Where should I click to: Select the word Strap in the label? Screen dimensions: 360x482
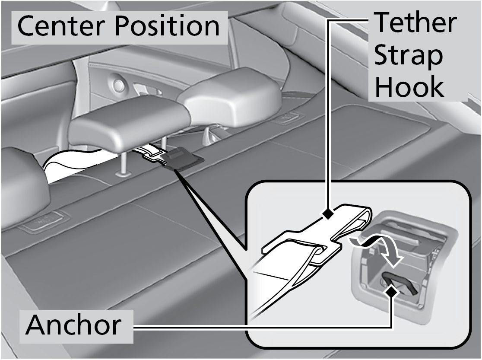point(408,57)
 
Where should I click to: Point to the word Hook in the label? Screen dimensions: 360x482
point(408,88)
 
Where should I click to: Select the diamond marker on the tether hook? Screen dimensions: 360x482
point(329,213)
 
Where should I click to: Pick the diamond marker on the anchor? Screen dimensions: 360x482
point(392,292)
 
